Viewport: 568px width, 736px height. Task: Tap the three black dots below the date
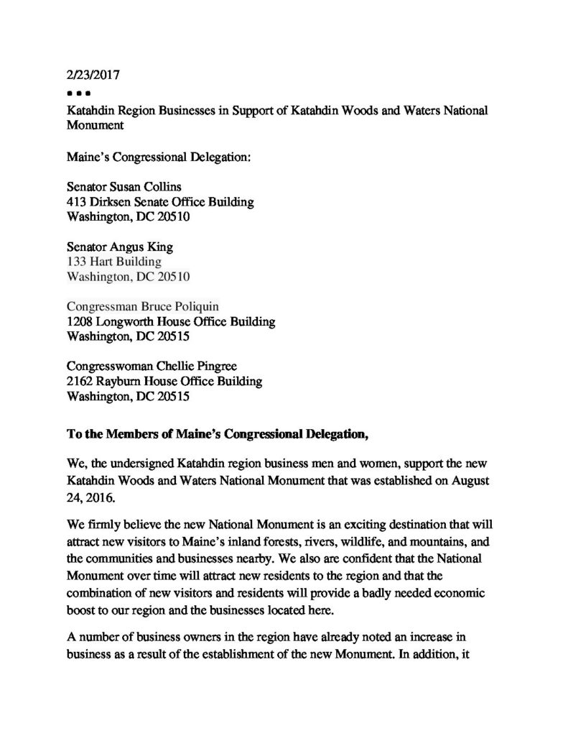76,93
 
